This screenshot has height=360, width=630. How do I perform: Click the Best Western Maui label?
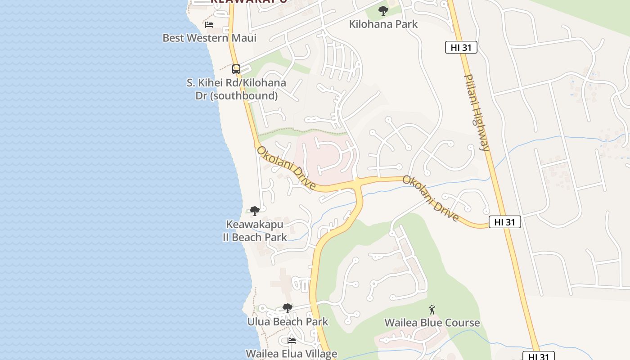click(209, 38)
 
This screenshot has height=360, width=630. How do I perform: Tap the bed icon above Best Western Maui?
click(209, 24)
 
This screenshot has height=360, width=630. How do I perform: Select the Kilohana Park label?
click(383, 24)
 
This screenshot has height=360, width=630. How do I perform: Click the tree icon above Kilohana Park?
click(383, 10)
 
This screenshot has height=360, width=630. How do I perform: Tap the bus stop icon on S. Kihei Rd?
click(236, 69)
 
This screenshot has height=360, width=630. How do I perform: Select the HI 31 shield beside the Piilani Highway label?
click(461, 47)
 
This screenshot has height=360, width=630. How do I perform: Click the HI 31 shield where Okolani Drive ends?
click(504, 222)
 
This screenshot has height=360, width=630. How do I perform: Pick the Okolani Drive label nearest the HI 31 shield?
click(431, 198)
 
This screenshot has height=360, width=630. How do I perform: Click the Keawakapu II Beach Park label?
click(255, 230)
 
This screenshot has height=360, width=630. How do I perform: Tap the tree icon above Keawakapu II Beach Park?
click(255, 211)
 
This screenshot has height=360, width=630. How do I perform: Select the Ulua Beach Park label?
click(288, 322)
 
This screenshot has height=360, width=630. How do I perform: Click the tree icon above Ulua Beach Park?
click(288, 308)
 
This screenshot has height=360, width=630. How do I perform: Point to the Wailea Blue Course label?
click(432, 323)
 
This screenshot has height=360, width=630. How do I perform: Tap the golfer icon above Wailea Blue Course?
click(432, 310)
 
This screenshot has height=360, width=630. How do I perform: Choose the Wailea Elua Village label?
click(291, 354)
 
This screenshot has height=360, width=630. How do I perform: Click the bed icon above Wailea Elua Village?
click(292, 341)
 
